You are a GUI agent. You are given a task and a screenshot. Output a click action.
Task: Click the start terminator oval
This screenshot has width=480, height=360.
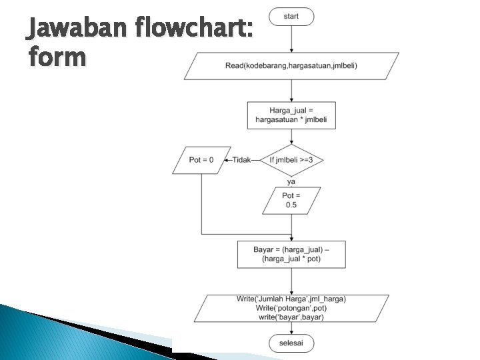(291, 17)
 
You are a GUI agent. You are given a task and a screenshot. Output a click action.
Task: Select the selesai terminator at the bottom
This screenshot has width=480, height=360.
(291, 343)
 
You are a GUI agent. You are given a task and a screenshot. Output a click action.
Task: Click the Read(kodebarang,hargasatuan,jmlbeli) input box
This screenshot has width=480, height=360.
(291, 65)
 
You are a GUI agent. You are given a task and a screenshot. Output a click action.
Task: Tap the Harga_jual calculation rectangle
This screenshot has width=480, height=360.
(291, 115)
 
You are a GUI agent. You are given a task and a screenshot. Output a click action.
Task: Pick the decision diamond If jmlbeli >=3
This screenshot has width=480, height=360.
(291, 160)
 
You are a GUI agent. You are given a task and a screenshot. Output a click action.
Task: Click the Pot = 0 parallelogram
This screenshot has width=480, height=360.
(201, 160)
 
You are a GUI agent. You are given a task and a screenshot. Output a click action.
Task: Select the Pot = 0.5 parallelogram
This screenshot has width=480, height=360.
(291, 200)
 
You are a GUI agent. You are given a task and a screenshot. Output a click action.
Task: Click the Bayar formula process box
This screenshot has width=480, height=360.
(291, 254)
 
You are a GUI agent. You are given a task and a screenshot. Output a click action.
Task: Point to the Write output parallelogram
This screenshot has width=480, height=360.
(291, 308)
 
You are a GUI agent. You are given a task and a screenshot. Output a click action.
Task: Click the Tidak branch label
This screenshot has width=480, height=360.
(242, 160)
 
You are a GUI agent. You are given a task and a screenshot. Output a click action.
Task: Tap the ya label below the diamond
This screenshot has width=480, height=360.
(291, 181)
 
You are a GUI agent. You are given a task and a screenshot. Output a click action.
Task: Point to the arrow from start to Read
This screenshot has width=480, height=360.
(291, 39)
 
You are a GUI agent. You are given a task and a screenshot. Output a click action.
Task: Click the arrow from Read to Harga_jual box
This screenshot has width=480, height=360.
(291, 91)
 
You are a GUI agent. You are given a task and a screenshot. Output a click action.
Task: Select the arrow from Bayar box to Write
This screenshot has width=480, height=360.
(291, 281)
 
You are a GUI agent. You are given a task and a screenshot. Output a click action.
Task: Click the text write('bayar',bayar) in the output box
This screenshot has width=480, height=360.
(291, 317)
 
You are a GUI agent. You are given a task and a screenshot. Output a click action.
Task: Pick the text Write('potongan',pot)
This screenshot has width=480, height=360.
(291, 308)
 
